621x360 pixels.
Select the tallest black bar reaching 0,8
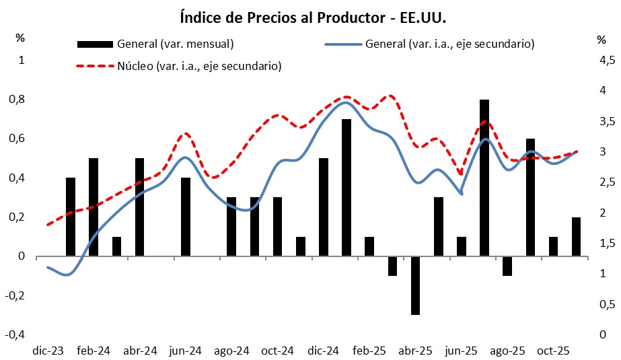coord(484,178)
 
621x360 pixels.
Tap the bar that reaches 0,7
coord(346,188)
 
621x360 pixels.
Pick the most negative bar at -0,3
coord(416,285)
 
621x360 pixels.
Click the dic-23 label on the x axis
coord(48,351)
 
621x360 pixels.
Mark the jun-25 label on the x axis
coord(462,351)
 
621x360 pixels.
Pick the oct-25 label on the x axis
coord(554,351)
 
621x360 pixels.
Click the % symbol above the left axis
coord(20,37)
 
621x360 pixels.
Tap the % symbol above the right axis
coord(601,40)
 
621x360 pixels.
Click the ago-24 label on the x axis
coord(231,351)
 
